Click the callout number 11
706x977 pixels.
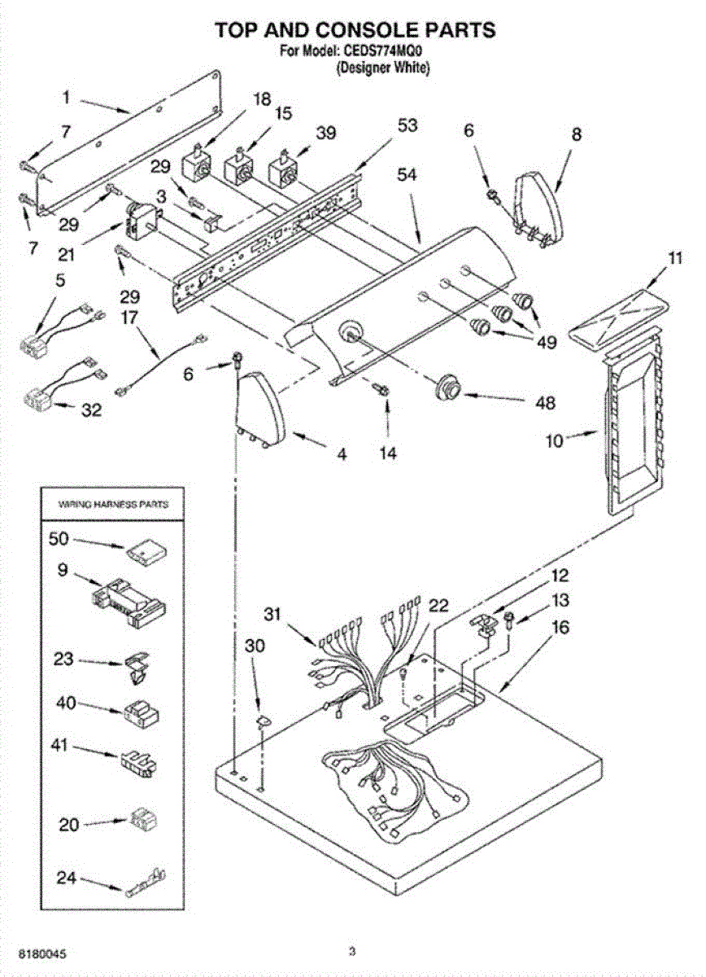coord(675,260)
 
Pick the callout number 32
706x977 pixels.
coord(91,411)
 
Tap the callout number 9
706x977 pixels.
coord(62,572)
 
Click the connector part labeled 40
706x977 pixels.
coord(140,714)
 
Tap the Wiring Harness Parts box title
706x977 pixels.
coord(114,505)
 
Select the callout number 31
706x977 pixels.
coord(274,614)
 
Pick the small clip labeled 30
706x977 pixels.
coord(263,720)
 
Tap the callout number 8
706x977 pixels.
coord(576,135)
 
